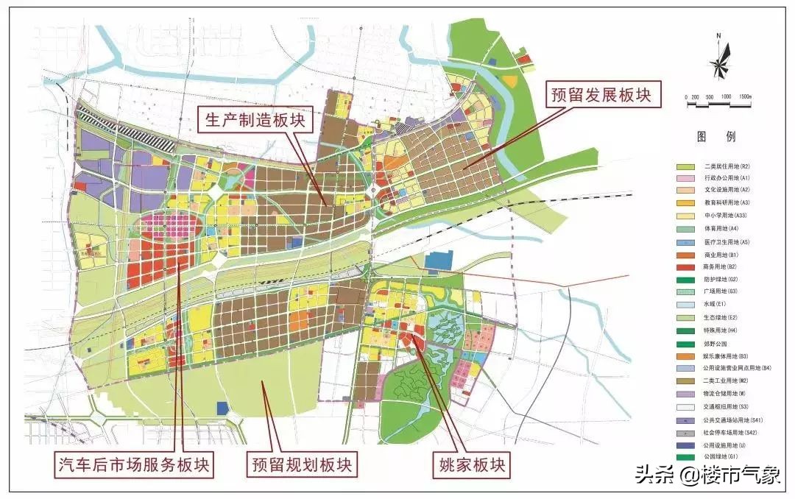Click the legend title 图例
(x=716, y=138)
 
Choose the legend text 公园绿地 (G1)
(x=717, y=457)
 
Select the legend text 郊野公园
(x=712, y=343)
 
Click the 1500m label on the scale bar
(x=745, y=97)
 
